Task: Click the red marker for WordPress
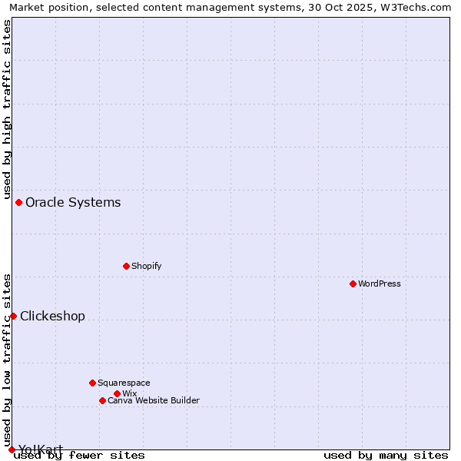[353, 284]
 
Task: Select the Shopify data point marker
[126, 266]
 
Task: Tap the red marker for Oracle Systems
[18, 202]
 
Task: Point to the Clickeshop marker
[13, 316]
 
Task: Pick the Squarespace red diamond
[92, 383]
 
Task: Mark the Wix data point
[117, 393]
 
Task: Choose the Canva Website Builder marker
[102, 400]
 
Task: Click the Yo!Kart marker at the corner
[12, 449]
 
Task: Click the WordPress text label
[380, 284]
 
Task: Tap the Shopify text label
[146, 266]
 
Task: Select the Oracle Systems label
[73, 202]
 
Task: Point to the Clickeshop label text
[52, 316]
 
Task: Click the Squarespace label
[124, 383]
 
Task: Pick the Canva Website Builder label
[154, 400]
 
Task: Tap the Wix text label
[129, 393]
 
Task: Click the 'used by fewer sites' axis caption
[79, 455]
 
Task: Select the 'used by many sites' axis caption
[386, 455]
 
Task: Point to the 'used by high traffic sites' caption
[7, 107]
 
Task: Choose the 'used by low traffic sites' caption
[7, 360]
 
